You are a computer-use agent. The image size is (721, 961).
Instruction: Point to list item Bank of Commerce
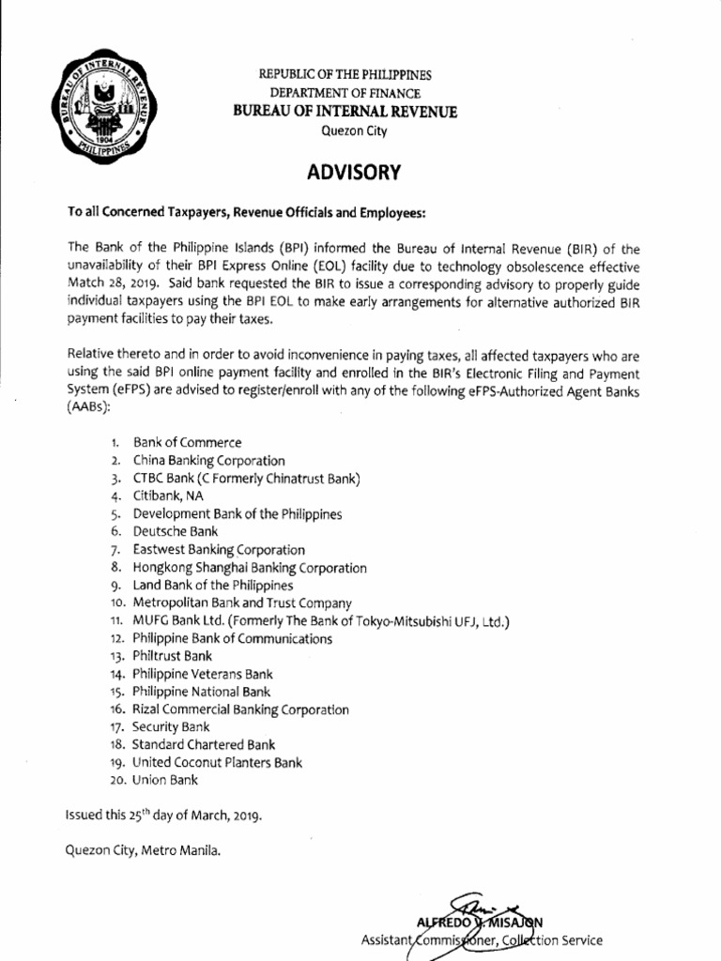point(187,443)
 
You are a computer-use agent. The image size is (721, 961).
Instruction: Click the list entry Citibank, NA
point(168,496)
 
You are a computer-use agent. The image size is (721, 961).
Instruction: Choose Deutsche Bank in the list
point(176,532)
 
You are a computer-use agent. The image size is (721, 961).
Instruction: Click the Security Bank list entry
point(171,727)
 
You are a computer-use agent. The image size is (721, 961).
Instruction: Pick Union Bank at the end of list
point(165,780)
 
